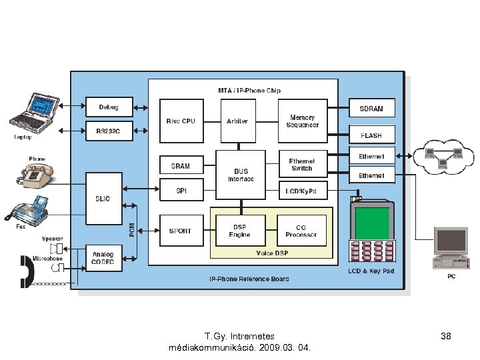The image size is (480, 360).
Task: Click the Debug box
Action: click(109, 107)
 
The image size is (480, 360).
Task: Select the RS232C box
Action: click(109, 131)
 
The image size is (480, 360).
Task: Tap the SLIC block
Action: click(103, 199)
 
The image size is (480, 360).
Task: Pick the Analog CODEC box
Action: click(103, 258)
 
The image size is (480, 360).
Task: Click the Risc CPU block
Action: click(181, 121)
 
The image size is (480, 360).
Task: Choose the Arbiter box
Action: click(237, 121)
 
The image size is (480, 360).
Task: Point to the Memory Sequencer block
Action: click(302, 121)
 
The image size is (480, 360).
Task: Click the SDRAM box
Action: click(371, 109)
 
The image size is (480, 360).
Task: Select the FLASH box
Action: click(371, 135)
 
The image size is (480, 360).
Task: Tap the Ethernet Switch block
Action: click(301, 165)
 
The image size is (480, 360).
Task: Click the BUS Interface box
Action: click(241, 175)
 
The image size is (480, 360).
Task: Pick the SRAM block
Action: click(181, 166)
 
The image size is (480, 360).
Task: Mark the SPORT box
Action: click(181, 231)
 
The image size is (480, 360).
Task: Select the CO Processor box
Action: click(301, 231)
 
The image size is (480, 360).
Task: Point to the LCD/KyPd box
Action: click(301, 191)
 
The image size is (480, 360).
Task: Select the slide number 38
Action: click(446, 337)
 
